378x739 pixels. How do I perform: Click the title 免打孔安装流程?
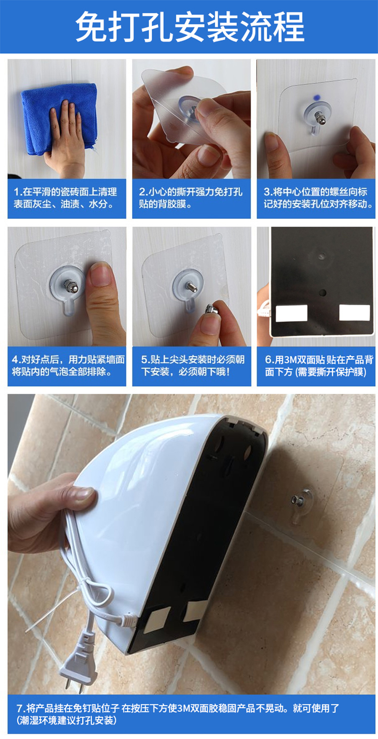(189, 27)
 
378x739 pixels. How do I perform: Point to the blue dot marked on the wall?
(317, 97)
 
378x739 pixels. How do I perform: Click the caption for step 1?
(65, 198)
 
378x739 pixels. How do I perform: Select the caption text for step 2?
(190, 198)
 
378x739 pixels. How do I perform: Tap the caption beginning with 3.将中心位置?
(318, 198)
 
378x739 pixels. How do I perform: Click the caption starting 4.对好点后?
(68, 365)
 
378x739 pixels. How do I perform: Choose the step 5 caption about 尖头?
(193, 365)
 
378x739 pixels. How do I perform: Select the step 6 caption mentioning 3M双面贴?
(319, 365)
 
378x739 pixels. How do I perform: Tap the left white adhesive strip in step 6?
(291, 313)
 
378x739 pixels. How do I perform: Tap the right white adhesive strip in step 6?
(355, 313)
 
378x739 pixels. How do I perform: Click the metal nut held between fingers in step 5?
(211, 309)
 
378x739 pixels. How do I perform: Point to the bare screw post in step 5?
(191, 286)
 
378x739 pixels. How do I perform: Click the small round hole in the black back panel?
(322, 292)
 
